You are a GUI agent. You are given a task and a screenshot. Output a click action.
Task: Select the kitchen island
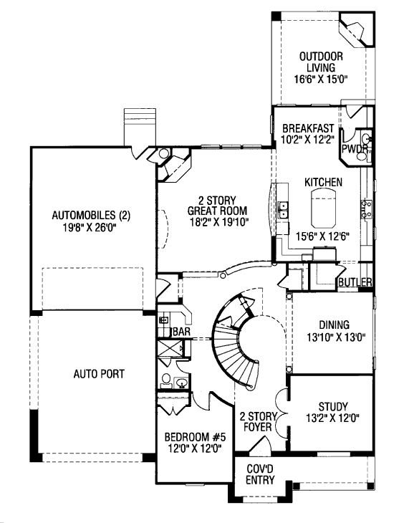click(324, 208)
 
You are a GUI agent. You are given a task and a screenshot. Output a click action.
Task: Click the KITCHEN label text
click(323, 182)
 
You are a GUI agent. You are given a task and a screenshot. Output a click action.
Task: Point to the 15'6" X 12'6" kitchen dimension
click(322, 236)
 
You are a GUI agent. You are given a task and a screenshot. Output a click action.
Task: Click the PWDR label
click(355, 148)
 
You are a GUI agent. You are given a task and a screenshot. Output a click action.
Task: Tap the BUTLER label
click(355, 282)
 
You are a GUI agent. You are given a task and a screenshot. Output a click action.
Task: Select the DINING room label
click(335, 325)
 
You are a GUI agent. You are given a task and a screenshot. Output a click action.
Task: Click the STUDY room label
click(333, 407)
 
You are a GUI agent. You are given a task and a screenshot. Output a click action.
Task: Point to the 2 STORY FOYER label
click(259, 421)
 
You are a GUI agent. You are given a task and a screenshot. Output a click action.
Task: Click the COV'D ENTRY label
click(260, 474)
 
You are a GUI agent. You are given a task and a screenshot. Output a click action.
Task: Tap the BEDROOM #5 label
click(195, 436)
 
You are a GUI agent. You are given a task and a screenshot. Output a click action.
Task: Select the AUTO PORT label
click(99, 374)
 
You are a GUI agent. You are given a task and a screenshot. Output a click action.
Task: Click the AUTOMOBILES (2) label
click(91, 215)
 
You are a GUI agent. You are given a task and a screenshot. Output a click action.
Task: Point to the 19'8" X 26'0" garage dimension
click(91, 227)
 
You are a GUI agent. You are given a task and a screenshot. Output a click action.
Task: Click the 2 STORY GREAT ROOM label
click(217, 206)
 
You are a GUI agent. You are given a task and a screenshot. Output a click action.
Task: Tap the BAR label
click(182, 332)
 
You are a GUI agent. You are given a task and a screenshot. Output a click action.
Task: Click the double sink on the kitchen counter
click(283, 210)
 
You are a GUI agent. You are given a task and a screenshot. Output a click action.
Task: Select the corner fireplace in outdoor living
click(356, 30)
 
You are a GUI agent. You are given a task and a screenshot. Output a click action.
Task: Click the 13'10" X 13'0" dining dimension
click(334, 337)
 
